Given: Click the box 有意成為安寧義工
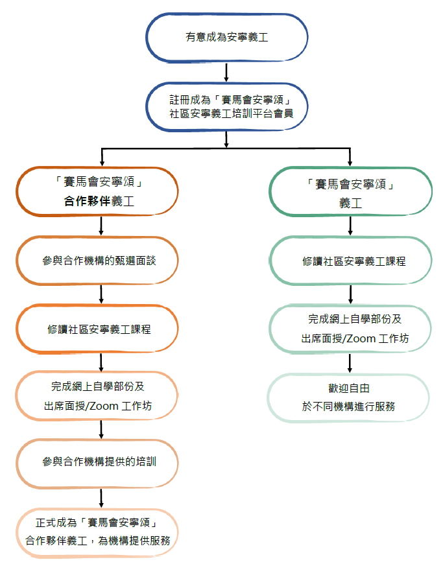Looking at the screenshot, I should click(x=226, y=38).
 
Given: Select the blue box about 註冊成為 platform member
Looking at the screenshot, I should click(x=226, y=106).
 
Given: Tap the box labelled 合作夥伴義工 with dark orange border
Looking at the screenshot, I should click(x=97, y=192).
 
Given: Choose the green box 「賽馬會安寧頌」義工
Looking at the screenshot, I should click(x=350, y=193).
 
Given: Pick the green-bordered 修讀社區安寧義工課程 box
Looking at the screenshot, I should click(x=350, y=261).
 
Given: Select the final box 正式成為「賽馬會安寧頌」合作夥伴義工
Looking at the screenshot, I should click(x=97, y=531).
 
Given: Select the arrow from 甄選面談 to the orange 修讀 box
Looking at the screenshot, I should click(x=102, y=294).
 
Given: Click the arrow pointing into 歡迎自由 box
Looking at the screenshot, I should click(x=350, y=363).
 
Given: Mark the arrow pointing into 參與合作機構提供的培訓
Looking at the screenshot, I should click(x=102, y=430).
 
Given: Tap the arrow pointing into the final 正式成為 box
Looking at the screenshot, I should click(x=102, y=498).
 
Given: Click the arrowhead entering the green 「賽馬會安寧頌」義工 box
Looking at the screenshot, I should click(x=350, y=162).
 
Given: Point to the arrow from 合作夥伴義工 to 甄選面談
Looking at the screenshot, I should click(x=102, y=226).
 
